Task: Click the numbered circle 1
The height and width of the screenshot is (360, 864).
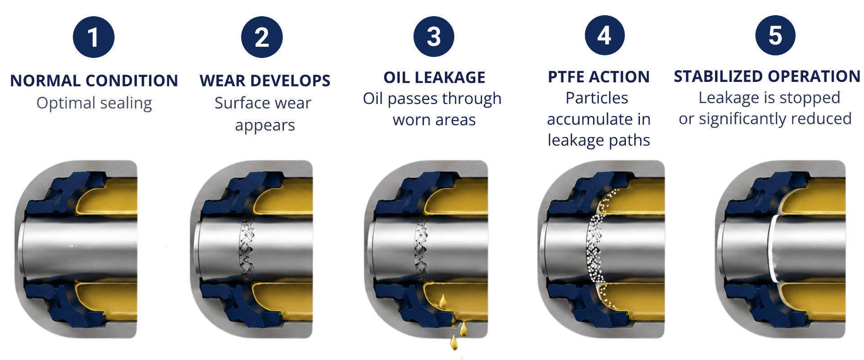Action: [x=94, y=37]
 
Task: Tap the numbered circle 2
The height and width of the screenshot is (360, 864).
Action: [x=262, y=37]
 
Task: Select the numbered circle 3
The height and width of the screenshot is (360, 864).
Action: [x=434, y=36]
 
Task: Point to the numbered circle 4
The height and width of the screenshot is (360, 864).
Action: [x=604, y=35]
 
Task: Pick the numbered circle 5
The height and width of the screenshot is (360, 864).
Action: [x=775, y=35]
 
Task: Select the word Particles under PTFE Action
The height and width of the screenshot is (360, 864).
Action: [x=597, y=98]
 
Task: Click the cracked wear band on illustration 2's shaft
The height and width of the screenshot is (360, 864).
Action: [x=247, y=248]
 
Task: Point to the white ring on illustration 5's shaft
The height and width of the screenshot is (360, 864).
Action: [x=773, y=249]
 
